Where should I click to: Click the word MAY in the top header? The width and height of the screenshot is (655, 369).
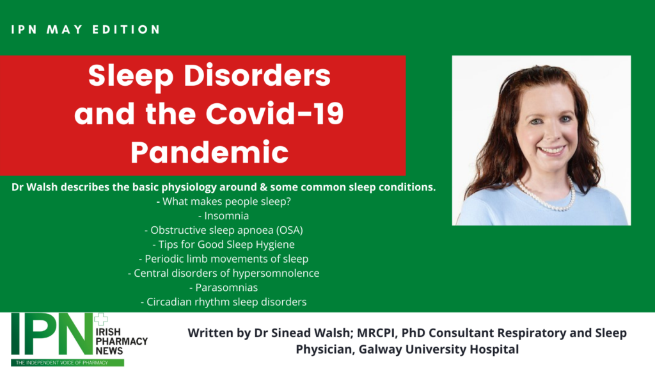click(65, 29)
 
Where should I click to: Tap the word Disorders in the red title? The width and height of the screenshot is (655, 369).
click(257, 76)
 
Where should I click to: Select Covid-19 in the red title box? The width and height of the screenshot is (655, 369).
click(274, 113)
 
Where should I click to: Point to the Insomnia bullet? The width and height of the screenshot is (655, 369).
click(223, 216)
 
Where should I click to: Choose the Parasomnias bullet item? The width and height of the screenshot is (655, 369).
click(223, 288)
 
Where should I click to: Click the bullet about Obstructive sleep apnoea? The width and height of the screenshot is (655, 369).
click(223, 230)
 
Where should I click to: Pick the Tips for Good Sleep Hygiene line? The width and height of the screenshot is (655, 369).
click(223, 244)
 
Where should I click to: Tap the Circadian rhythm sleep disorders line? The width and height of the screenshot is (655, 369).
click(223, 302)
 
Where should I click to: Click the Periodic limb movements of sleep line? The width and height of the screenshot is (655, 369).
click(223, 259)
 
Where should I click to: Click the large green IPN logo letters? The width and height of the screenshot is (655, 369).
click(52, 334)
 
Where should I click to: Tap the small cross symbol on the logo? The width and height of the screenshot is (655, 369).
click(100, 319)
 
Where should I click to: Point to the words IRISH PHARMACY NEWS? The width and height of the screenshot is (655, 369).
click(121, 341)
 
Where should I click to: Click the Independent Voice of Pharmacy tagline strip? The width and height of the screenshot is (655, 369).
click(68, 363)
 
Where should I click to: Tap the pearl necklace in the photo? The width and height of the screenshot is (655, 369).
click(545, 195)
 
